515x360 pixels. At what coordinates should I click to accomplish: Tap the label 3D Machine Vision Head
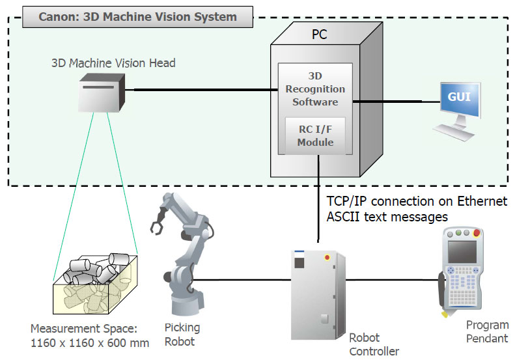click(x=113, y=63)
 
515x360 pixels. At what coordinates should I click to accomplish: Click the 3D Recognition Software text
click(x=315, y=89)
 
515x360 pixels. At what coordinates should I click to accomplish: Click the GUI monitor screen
click(x=459, y=98)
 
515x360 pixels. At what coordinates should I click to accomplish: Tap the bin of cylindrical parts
click(x=96, y=284)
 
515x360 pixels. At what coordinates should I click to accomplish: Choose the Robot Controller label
click(x=374, y=344)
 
